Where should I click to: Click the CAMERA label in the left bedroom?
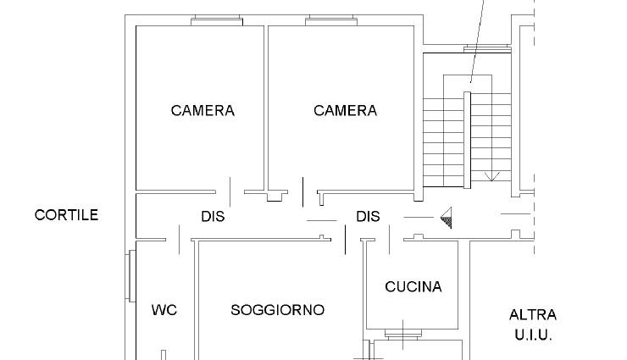(203, 111)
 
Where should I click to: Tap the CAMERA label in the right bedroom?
(345, 111)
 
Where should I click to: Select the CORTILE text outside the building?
(66, 215)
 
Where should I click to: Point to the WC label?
(164, 310)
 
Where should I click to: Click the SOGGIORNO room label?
(278, 310)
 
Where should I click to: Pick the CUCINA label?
(413, 286)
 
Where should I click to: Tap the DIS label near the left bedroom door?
(213, 217)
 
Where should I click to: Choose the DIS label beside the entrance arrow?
(368, 217)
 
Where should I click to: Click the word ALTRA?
(533, 315)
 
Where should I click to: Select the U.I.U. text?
(533, 335)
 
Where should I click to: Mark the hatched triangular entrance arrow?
(447, 218)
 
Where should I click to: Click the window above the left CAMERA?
(217, 20)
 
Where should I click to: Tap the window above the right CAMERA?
(331, 20)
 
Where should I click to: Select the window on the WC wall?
(130, 275)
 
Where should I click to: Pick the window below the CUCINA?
(403, 334)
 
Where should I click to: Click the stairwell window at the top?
(487, 49)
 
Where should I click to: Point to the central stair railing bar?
(467, 140)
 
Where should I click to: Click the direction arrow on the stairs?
(491, 176)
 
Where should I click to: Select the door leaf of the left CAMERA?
(230, 191)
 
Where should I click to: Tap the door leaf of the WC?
(179, 240)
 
